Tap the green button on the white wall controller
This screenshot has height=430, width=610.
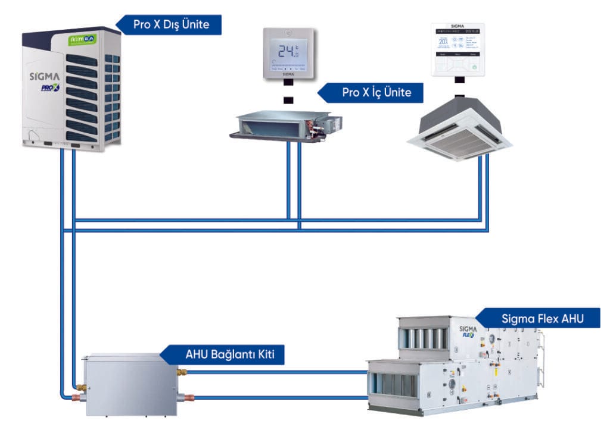tap(474, 67)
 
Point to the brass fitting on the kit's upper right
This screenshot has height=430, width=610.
tap(182, 372)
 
